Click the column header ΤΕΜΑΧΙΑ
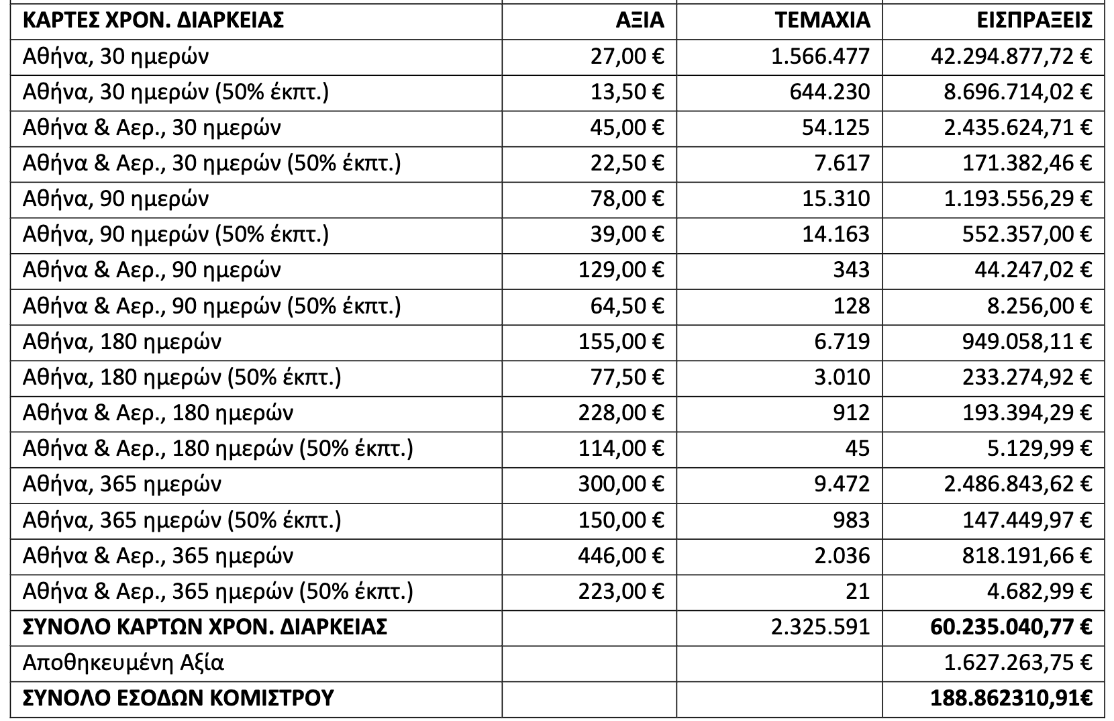822,20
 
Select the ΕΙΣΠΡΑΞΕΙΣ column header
1033,20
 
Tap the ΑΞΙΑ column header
640,20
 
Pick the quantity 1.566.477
820,56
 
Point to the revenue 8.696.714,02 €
1017,91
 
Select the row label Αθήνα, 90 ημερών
115,199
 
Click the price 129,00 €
621,270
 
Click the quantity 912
851,413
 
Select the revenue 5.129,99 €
1039,448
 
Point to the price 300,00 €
621,484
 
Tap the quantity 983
851,520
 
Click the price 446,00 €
621,556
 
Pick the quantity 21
858,591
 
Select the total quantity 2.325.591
820,627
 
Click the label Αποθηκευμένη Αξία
123,663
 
